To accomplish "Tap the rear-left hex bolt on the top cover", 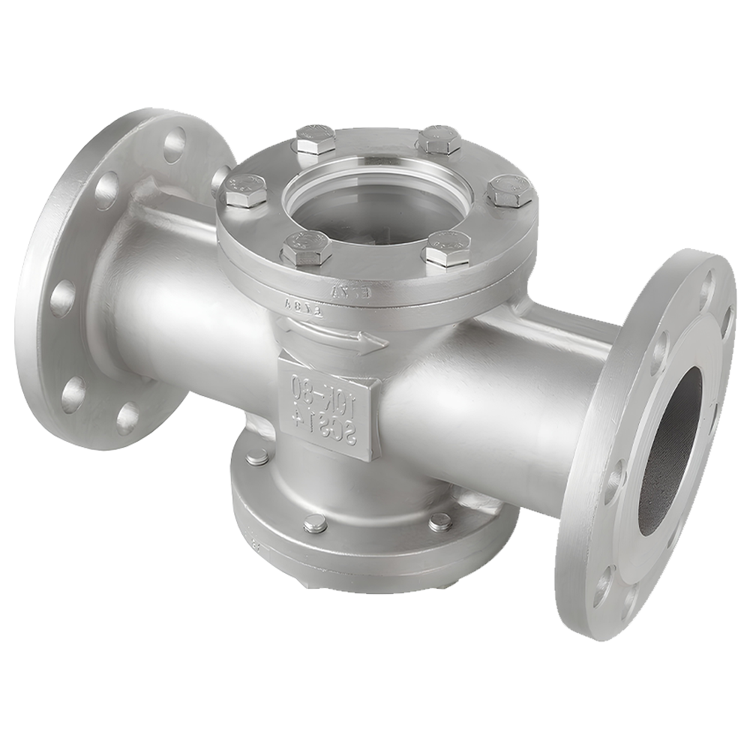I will click(314, 139).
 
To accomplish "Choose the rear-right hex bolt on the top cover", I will click(439, 139).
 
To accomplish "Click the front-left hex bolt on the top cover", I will click(306, 247).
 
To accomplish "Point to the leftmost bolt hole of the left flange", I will click(63, 298).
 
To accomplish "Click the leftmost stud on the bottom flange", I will click(257, 456).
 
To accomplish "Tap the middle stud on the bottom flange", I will click(315, 523).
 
